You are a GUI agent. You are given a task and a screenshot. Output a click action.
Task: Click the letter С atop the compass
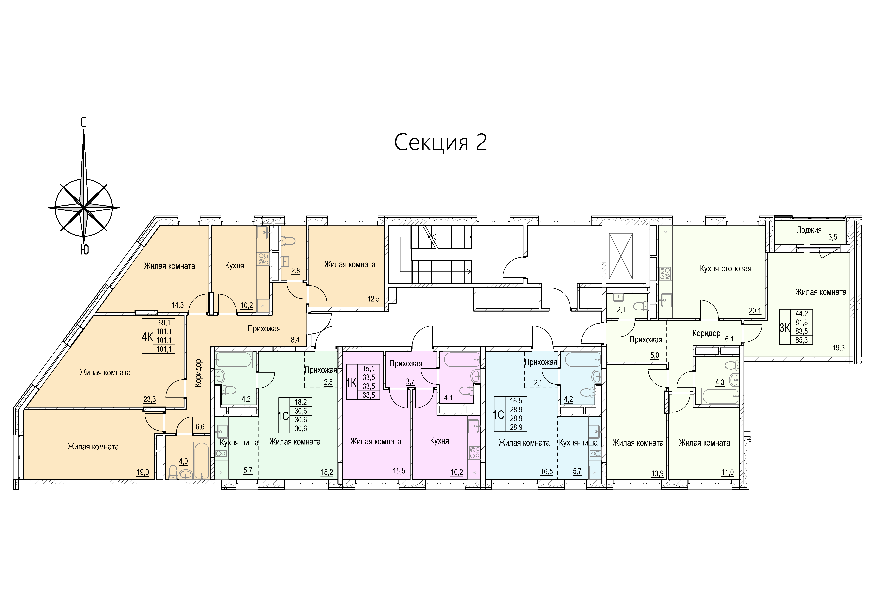pos(83,122)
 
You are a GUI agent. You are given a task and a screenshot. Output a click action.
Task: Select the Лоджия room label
pos(809,230)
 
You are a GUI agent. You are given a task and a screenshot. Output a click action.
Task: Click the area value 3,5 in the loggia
pos(832,237)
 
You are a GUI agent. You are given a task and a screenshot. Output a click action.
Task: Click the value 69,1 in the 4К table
pos(164,323)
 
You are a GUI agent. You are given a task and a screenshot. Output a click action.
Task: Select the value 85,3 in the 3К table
pos(801,340)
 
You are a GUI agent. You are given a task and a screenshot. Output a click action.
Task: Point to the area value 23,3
pos(150,399)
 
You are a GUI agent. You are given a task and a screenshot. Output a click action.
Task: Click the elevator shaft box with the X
pos(621,256)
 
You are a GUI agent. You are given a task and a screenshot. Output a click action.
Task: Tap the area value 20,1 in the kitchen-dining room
pos(755,311)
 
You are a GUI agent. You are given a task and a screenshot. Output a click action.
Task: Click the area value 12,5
pos(373,299)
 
